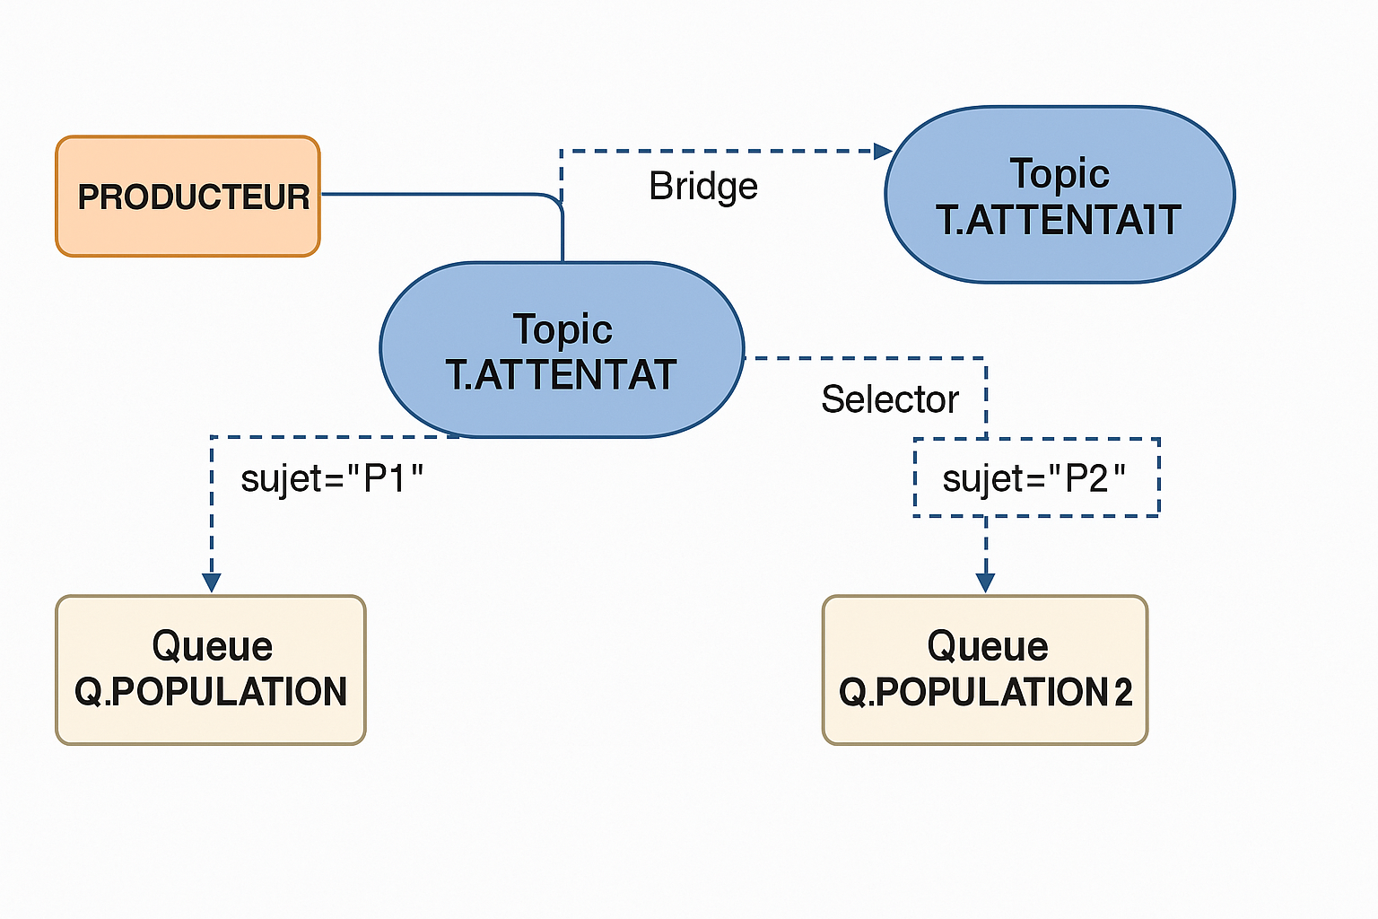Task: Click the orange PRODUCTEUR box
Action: tap(188, 197)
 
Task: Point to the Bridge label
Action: tap(703, 187)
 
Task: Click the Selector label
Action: tap(890, 399)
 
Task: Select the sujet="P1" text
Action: tap(331, 479)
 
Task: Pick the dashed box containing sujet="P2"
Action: tap(1036, 478)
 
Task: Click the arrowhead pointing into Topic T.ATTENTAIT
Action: tap(884, 151)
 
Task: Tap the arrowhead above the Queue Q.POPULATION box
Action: tap(211, 582)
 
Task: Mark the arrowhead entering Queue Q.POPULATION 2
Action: tap(985, 582)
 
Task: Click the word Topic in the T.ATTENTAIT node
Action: tap(1060, 173)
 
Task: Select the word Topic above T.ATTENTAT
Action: tap(563, 329)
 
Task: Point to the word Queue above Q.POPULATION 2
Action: tap(988, 646)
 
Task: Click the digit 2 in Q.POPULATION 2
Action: tap(1122, 692)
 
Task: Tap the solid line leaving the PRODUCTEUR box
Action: tap(431, 193)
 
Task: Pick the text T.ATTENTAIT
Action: tap(1059, 220)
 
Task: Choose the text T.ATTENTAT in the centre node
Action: tap(561, 375)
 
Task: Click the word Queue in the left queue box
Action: tap(212, 646)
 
